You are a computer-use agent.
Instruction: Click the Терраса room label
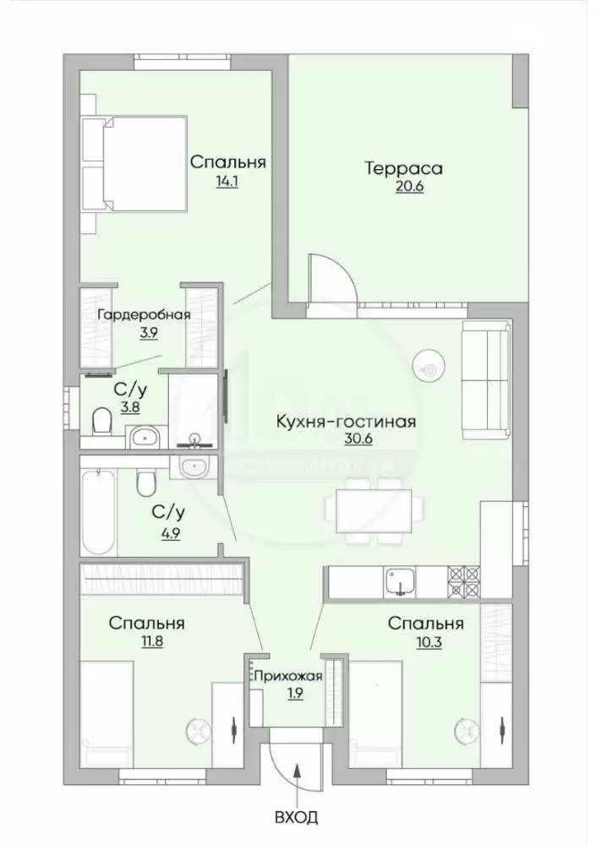point(404,168)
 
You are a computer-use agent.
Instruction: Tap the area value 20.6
point(409,187)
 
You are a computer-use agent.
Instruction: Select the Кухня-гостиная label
point(346,421)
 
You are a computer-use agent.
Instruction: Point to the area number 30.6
point(358,439)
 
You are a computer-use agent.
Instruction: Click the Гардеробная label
point(144,314)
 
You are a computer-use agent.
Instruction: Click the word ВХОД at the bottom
point(296,817)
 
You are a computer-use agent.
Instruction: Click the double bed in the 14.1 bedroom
point(134,163)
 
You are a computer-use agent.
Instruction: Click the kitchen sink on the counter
point(399,582)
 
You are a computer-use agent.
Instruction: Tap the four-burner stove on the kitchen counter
point(463,582)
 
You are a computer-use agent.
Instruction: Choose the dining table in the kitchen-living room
point(375,510)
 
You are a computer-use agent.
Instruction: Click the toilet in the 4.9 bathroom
point(145,482)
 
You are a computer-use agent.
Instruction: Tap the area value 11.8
point(150,642)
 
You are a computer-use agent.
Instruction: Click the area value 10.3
point(429,642)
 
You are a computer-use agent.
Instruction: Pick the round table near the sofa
point(429,367)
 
